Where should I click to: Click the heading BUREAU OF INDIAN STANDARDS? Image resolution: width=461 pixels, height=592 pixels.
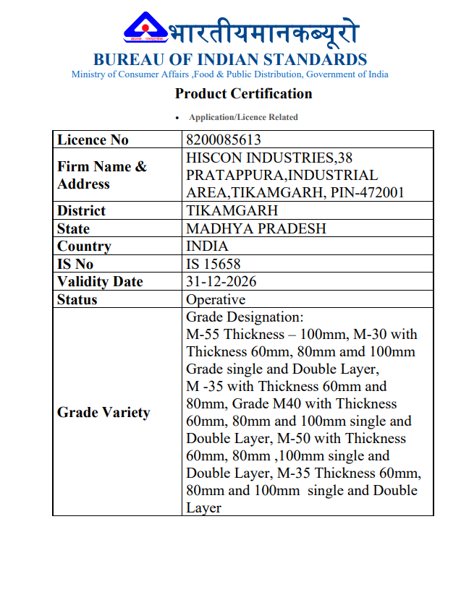[x=230, y=59]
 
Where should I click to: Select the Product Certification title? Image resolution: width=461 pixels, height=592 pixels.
[x=243, y=93]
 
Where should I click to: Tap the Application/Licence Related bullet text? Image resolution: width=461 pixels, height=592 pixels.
[x=243, y=117]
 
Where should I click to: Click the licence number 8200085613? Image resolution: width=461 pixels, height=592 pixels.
[x=224, y=140]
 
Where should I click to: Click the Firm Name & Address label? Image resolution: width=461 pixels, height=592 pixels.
[x=101, y=175]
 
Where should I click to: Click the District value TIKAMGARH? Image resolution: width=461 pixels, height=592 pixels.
[x=232, y=210]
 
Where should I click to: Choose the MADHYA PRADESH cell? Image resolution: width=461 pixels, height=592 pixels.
[x=256, y=228]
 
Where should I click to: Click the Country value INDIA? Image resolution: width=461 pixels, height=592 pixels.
[x=207, y=246]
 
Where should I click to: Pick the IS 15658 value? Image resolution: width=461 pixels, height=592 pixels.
[x=213, y=264]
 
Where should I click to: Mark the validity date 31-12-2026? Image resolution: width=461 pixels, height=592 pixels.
[x=221, y=281]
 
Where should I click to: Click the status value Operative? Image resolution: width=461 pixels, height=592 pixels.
[x=216, y=299]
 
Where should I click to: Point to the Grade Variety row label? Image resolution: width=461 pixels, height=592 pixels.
[x=103, y=413]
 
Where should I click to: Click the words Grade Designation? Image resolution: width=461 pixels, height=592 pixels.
[x=245, y=317]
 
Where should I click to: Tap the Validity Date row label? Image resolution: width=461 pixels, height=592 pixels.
[x=100, y=281]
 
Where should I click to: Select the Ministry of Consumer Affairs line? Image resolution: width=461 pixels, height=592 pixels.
[x=229, y=74]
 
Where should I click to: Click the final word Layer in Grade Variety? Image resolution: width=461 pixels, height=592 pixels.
[x=203, y=507]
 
